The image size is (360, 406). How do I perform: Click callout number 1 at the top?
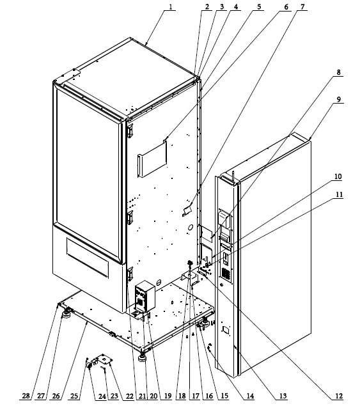(171, 7)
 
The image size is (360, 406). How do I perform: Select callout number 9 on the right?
(339, 100)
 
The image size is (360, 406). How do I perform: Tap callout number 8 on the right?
(338, 72)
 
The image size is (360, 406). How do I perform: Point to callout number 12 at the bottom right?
(339, 396)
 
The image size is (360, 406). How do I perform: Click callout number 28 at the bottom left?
(26, 396)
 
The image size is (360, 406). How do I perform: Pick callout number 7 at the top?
(302, 7)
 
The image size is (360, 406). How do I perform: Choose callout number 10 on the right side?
(338, 176)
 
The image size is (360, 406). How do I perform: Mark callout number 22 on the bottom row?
(130, 396)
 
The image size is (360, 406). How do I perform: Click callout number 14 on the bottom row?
(250, 396)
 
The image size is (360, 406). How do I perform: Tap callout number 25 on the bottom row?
(74, 396)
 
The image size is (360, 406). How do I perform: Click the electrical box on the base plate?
(145, 295)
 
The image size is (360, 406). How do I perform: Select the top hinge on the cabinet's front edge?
(130, 130)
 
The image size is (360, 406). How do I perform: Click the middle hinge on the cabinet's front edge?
(130, 218)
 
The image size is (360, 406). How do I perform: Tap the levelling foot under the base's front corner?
(142, 357)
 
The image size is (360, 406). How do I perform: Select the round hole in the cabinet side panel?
(190, 228)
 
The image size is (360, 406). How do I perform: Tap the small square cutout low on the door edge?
(225, 330)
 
